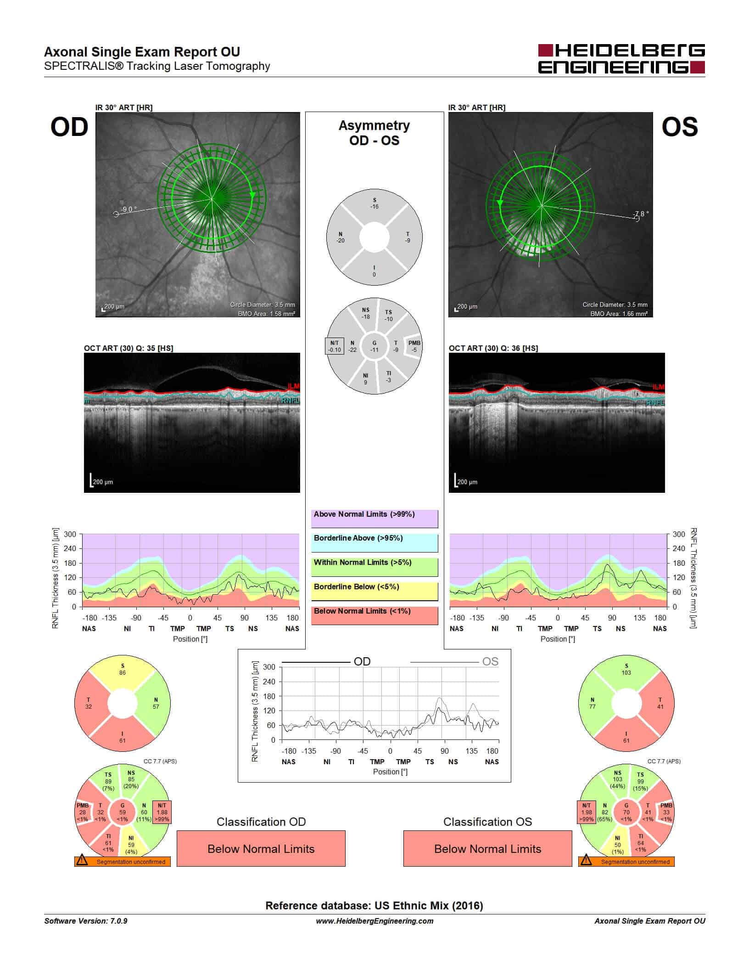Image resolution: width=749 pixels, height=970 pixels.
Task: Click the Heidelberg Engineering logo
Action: point(621,59)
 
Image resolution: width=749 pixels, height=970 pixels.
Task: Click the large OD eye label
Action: point(69,127)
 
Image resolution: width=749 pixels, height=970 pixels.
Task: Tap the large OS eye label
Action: point(679,127)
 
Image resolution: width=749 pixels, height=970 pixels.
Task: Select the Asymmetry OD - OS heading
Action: point(374,133)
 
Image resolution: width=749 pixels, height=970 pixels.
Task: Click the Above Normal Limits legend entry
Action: point(374,519)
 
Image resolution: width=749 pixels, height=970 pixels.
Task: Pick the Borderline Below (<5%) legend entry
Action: point(374,591)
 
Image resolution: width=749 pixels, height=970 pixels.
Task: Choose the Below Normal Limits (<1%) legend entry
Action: point(374,615)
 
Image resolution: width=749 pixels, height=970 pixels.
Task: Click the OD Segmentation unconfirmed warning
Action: point(123,862)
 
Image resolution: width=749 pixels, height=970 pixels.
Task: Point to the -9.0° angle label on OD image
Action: point(129,209)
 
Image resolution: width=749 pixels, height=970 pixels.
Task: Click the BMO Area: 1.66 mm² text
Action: point(619,314)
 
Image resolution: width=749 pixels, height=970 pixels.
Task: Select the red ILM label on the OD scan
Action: point(293,386)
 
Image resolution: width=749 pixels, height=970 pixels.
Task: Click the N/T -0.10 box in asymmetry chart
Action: point(335,346)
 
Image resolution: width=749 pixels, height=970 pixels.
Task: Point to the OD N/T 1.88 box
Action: point(162,812)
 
